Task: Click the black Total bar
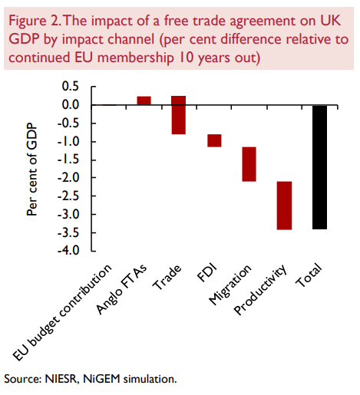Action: [x=319, y=167]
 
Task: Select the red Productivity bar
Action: [x=284, y=205]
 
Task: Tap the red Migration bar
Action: [x=249, y=164]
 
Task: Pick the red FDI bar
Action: [x=214, y=140]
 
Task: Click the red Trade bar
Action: [x=178, y=115]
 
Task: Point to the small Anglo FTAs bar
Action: [x=144, y=100]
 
